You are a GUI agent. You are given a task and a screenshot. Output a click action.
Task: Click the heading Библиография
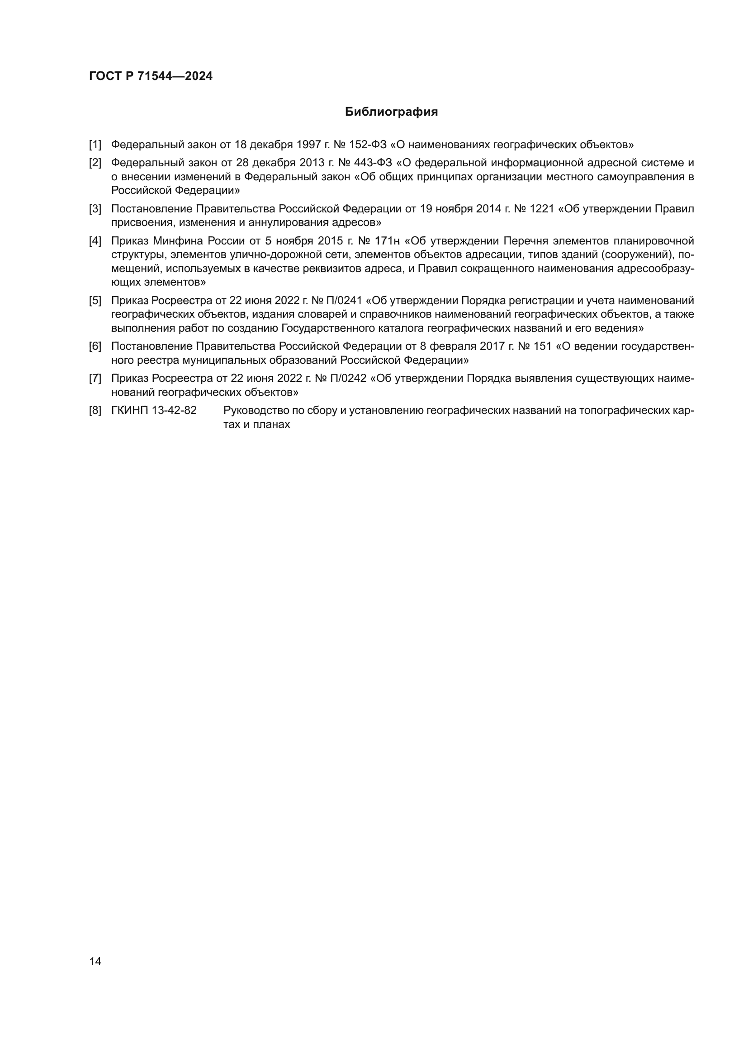[x=391, y=112]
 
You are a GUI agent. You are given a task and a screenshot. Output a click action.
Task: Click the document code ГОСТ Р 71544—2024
[x=151, y=76]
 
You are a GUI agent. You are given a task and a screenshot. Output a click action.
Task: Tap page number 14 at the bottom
[x=95, y=961]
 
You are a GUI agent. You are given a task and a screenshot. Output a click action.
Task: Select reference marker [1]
[x=95, y=145]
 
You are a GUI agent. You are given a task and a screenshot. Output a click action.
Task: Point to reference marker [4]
[x=95, y=241]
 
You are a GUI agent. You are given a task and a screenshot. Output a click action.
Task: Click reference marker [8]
[x=95, y=410]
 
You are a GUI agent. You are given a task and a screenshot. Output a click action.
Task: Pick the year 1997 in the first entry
[x=308, y=145]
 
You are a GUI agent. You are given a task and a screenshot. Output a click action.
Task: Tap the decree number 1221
[x=542, y=209]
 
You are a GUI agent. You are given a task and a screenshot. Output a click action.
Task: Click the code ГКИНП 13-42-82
[x=154, y=410]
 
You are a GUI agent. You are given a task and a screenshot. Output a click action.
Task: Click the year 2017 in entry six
[x=493, y=346]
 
